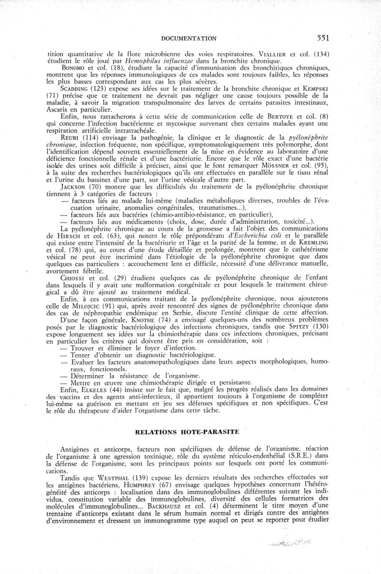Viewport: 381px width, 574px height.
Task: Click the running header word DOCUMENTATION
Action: (190, 38)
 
